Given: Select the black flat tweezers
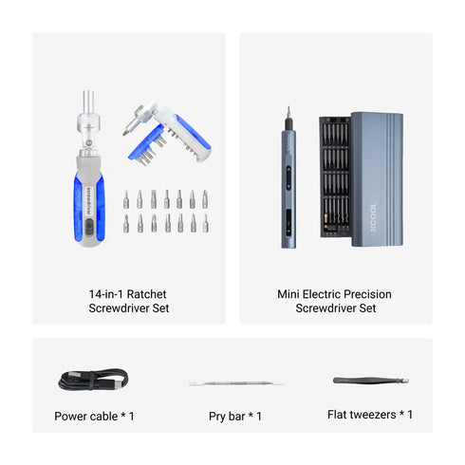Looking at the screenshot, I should coord(371,381).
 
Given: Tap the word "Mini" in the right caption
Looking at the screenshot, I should coord(290,294).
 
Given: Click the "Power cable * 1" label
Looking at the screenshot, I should coord(95,416).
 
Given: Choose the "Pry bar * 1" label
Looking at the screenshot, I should coord(235,416).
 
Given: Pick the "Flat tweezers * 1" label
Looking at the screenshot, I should coord(370,415).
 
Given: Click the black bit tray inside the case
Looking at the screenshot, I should coord(334,176).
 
